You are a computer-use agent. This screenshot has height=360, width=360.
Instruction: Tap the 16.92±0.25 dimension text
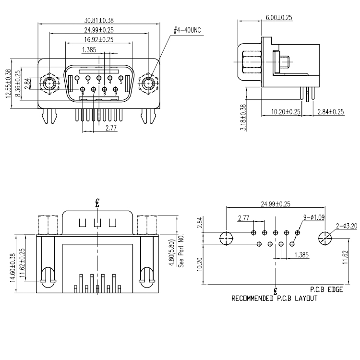pyautogui.click(x=99, y=40)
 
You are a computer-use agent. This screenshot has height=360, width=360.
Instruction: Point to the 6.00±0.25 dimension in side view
pyautogui.click(x=279, y=18)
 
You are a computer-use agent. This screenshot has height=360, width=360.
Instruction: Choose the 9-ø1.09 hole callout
pyautogui.click(x=314, y=217)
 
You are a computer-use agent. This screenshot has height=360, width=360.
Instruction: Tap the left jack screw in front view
pyautogui.click(x=49, y=85)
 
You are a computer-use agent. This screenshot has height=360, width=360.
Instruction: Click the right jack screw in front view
pyautogui.click(x=147, y=85)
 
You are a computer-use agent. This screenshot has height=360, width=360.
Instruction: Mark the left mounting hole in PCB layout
pyautogui.click(x=225, y=238)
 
